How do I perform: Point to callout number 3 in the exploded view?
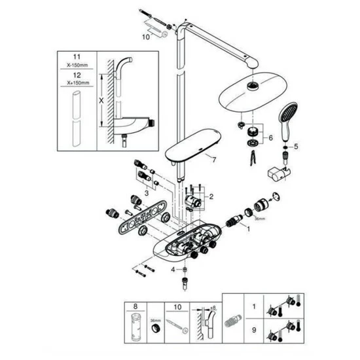(145, 193)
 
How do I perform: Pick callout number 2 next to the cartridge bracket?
(211, 196)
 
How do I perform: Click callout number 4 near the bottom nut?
(173, 269)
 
